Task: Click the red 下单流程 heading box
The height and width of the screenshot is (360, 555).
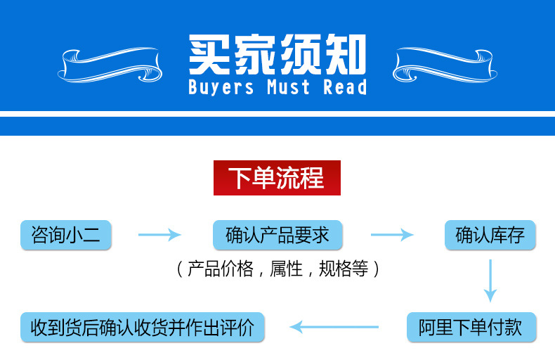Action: [277, 178]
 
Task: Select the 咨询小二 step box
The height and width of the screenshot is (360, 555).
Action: [66, 235]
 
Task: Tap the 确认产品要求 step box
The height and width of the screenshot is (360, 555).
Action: [277, 235]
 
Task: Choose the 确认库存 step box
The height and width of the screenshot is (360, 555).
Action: [490, 235]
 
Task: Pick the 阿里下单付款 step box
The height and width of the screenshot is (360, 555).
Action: [471, 327]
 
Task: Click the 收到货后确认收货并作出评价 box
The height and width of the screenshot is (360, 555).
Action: [143, 327]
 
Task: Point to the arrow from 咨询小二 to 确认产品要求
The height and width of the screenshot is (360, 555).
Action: [159, 235]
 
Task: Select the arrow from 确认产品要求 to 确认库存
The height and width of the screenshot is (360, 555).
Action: [392, 235]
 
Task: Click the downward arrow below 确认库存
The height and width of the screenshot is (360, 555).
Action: [490, 280]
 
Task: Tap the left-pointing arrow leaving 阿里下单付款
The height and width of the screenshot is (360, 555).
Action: [334, 326]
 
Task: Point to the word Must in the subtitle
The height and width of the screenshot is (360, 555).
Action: [288, 88]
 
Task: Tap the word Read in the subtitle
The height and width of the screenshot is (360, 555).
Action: [345, 88]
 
